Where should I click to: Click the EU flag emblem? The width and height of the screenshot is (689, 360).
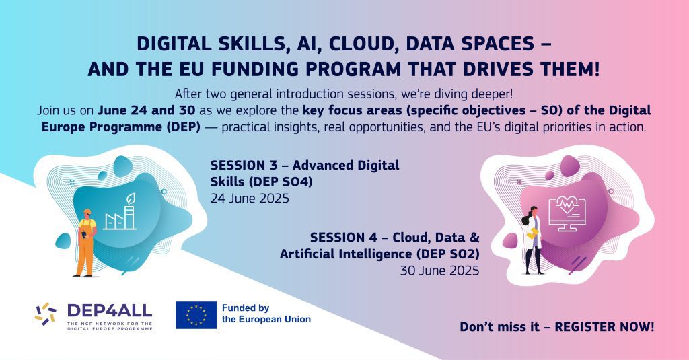196,315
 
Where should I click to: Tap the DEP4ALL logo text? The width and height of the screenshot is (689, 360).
110,311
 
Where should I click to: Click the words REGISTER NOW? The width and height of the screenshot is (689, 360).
605,327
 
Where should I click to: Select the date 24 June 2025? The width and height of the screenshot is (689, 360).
250,199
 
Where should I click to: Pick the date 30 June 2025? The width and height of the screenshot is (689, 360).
439,271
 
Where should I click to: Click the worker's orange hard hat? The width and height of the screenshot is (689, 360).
87,212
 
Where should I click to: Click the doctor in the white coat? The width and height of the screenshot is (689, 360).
532,240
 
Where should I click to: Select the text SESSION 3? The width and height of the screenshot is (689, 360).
244,166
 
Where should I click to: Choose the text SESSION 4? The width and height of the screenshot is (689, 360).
344,238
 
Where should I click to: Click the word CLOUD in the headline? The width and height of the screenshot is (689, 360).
363,44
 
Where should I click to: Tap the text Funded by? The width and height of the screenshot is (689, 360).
245,308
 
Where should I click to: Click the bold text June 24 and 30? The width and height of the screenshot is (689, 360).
146,110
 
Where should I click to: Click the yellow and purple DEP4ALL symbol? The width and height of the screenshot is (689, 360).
46,314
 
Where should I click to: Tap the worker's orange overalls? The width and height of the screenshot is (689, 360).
85,248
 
